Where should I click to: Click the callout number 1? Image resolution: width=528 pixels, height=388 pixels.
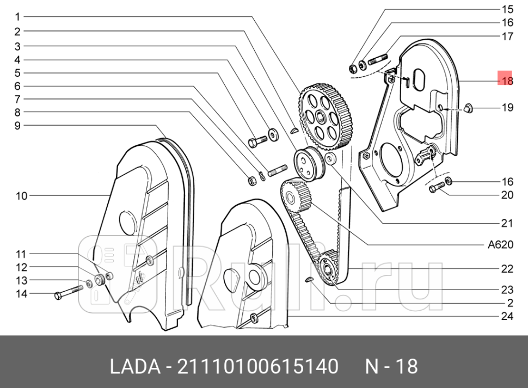17,16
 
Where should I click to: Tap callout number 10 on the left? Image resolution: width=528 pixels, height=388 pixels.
21,196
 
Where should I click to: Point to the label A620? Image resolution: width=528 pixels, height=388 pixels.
500,245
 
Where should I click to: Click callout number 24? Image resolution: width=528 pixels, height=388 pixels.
507,316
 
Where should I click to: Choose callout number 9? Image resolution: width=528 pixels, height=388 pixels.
17,126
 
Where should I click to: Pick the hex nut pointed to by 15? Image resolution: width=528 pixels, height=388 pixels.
352,69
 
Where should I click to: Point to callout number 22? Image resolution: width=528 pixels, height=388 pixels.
507,269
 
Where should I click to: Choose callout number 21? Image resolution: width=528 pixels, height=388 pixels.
507,223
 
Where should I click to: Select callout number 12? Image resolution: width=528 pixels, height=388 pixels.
21,267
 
